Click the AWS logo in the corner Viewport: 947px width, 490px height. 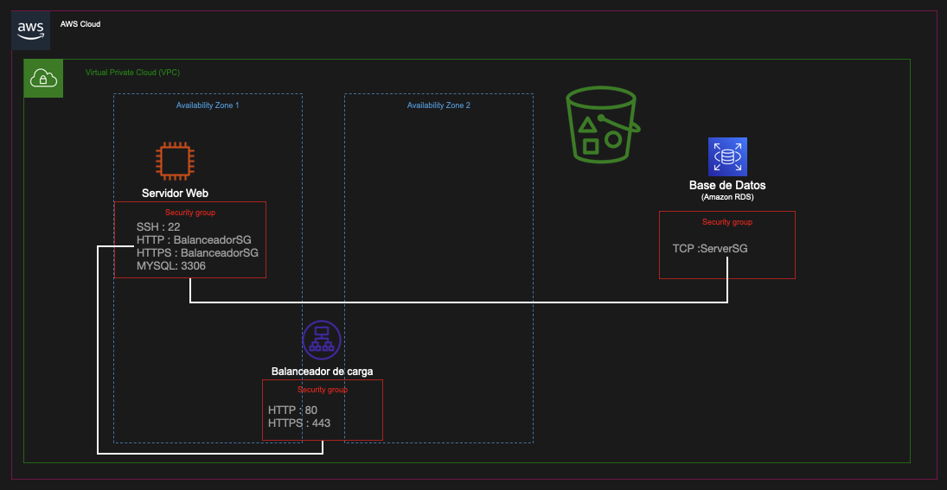coord(30,29)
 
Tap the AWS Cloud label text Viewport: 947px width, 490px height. coord(80,24)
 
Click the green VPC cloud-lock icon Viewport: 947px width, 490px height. coord(43,79)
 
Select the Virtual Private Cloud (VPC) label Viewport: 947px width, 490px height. coord(132,73)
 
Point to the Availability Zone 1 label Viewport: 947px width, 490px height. coord(208,105)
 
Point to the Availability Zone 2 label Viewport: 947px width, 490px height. coord(438,105)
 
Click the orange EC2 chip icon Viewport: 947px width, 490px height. coord(175,161)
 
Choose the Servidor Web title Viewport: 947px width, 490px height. coord(175,193)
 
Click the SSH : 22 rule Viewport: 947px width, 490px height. coord(158,227)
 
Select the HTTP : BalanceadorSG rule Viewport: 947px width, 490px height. coord(197,240)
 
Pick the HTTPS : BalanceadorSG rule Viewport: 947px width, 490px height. coord(197,253)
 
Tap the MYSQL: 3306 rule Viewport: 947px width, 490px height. coord(171,266)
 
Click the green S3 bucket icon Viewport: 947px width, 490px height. coord(602,126)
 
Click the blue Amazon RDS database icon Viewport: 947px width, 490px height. coord(726,157)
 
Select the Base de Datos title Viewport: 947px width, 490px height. coord(726,185)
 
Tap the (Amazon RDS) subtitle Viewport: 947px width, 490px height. coord(726,198)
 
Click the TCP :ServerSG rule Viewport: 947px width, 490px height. coord(709,249)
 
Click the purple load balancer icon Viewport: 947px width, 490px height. coord(322,340)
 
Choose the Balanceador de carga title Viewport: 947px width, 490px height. coord(322,372)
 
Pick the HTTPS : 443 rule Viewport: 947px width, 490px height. coord(299,423)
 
